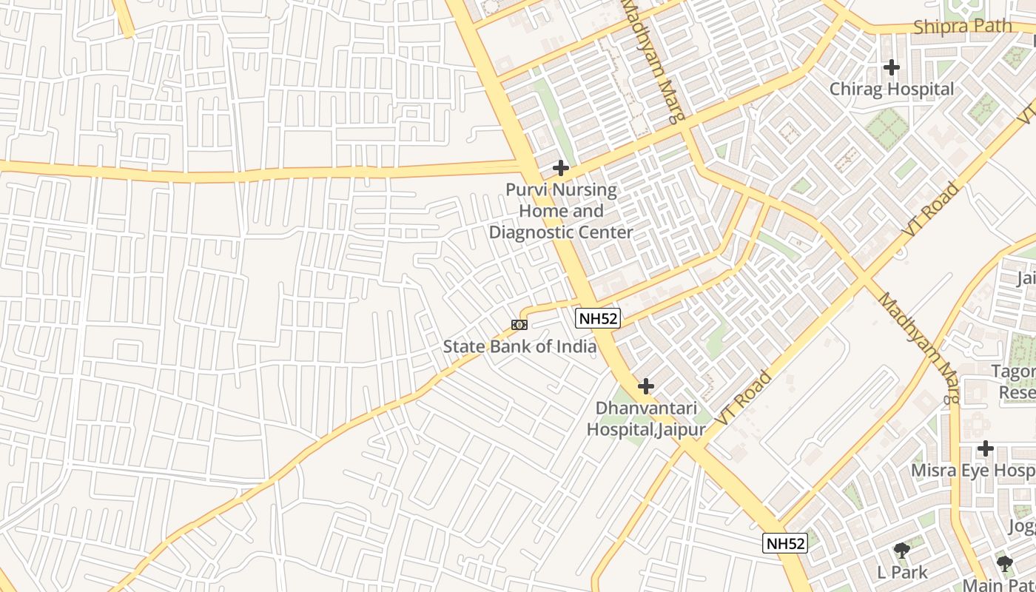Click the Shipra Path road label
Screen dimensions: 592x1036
pyautogui.click(x=962, y=27)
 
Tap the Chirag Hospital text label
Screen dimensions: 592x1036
pyautogui.click(x=891, y=90)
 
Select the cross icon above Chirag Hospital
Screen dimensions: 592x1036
pyautogui.click(x=892, y=67)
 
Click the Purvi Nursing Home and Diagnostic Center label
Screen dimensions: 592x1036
pyautogui.click(x=561, y=211)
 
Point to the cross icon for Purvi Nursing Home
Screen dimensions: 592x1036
pyautogui.click(x=561, y=168)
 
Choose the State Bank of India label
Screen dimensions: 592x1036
pyautogui.click(x=519, y=346)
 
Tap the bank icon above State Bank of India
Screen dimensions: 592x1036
pyautogui.click(x=519, y=325)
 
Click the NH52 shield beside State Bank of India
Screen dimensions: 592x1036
pyautogui.click(x=597, y=319)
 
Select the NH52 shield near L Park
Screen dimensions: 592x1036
pyautogui.click(x=784, y=543)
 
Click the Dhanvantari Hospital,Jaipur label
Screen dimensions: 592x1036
pyautogui.click(x=645, y=419)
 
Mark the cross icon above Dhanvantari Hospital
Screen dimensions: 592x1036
pyautogui.click(x=646, y=386)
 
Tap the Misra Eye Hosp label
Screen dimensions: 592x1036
pyautogui.click(x=972, y=471)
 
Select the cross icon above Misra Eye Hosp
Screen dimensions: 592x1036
pyautogui.click(x=985, y=448)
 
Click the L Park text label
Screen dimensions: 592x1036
pyautogui.click(x=901, y=572)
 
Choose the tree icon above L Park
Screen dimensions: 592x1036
pyautogui.click(x=901, y=551)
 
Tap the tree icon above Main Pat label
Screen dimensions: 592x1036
pyautogui.click(x=1004, y=564)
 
